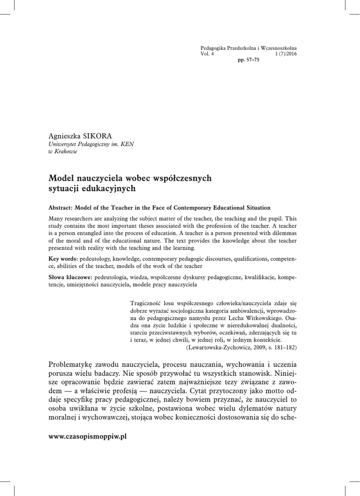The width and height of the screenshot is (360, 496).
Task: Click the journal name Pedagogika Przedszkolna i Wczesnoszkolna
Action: click(249, 48)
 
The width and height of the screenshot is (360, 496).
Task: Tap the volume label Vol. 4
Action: click(207, 54)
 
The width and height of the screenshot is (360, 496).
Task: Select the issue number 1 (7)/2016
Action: click(286, 54)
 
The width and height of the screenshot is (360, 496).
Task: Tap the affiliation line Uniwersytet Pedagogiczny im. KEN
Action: click(92, 144)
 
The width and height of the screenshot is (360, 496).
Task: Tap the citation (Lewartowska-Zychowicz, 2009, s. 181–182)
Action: click(241, 347)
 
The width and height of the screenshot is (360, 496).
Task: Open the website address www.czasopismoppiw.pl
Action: click(88, 436)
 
